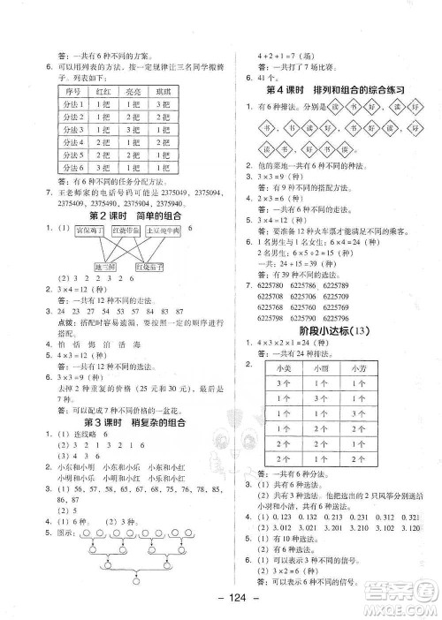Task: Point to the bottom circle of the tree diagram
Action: click(138, 580)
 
